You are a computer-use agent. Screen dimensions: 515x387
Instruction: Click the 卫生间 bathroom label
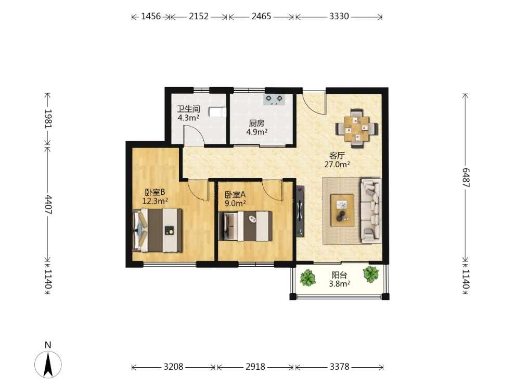(x=188, y=109)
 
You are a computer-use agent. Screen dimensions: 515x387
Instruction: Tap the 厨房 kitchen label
(x=256, y=123)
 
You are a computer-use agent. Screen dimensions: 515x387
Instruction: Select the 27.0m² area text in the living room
(x=337, y=164)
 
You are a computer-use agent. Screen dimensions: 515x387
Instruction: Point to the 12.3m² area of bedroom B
(x=156, y=201)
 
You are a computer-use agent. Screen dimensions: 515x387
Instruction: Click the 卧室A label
(x=235, y=195)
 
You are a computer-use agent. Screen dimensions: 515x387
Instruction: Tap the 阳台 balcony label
(x=339, y=275)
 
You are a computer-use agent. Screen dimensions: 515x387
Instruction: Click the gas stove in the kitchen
(x=274, y=99)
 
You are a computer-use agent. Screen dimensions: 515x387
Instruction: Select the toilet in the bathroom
(x=217, y=112)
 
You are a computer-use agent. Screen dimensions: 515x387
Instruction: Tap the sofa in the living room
(x=371, y=210)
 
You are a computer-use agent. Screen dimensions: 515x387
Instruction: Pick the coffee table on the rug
(x=342, y=210)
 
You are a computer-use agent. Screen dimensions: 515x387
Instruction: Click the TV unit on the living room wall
(x=300, y=211)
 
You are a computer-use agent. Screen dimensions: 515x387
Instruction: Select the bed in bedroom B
(x=157, y=230)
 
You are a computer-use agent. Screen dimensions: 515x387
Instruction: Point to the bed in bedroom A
(x=246, y=226)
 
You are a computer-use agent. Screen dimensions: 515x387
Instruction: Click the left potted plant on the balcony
(x=308, y=278)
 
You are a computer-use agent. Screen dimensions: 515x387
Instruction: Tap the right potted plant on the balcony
(x=371, y=274)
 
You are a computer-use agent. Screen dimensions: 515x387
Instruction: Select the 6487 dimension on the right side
(x=466, y=178)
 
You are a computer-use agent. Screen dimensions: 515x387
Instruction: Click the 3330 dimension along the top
(x=339, y=16)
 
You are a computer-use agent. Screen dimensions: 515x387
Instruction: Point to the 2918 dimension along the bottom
(x=255, y=366)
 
